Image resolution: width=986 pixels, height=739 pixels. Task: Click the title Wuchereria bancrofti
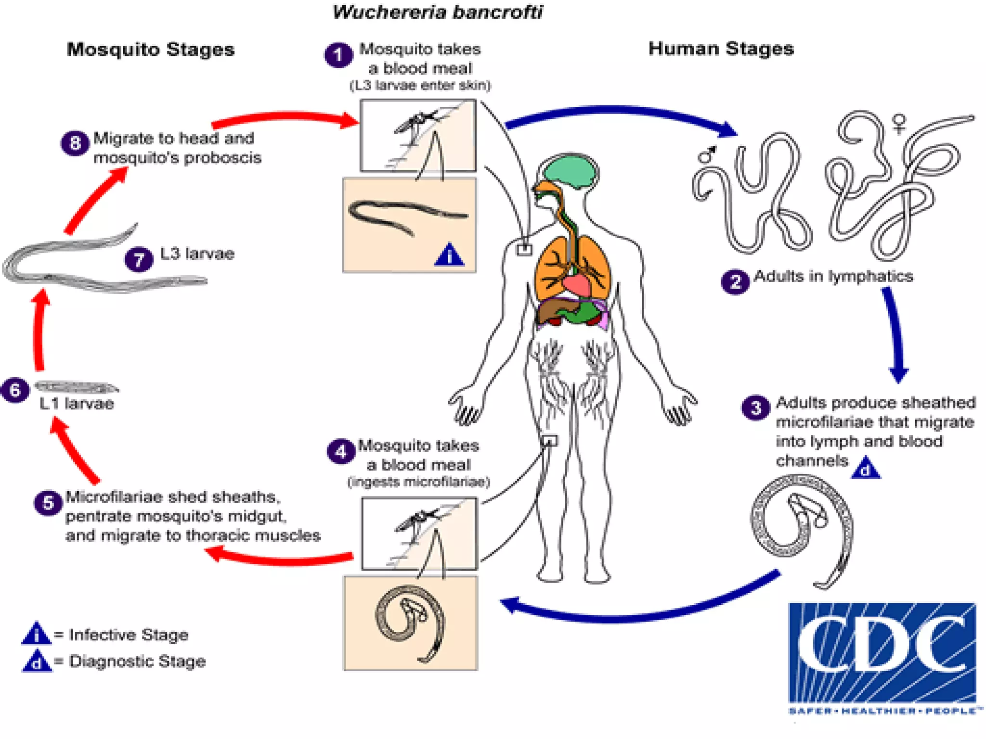coord(437,12)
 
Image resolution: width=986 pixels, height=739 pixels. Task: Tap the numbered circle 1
coord(338,55)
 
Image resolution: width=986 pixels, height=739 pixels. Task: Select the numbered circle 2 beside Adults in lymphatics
coord(735,281)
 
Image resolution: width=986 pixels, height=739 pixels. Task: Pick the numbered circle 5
coord(48,503)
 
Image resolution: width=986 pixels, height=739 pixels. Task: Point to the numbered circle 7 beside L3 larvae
coord(139,259)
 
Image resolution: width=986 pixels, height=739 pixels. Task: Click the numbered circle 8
coord(75,143)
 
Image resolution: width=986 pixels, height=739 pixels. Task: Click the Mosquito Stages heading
coord(151,50)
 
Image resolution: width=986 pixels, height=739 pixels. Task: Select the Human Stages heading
coord(721,49)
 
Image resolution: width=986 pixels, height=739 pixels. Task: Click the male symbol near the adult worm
coord(707,154)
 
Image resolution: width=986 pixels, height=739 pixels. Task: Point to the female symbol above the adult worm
coord(898,123)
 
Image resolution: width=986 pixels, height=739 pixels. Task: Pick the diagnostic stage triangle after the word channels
coord(866,468)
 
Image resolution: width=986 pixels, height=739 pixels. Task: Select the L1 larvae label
coord(77,404)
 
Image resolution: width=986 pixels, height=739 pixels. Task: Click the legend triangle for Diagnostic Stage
coord(37,662)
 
